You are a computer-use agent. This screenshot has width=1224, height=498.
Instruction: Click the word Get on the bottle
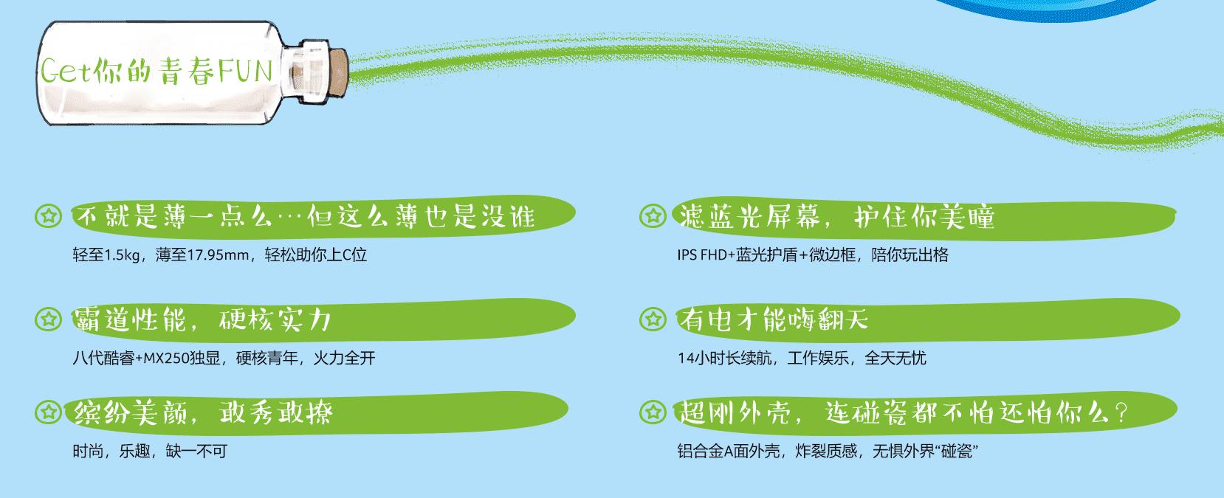pos(65,72)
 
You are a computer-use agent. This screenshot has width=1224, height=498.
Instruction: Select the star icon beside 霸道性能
pos(49,319)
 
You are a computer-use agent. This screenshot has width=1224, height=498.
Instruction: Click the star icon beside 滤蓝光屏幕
pos(653,216)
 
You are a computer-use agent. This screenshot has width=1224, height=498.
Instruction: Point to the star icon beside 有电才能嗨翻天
pos(653,319)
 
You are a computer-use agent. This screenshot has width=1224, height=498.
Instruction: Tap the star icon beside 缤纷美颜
pos(49,412)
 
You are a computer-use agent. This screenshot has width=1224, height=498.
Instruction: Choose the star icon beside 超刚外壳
pos(653,412)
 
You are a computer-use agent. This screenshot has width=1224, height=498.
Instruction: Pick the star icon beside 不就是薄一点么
pos(49,216)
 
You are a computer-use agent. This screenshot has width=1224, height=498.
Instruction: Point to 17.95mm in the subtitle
pos(218,256)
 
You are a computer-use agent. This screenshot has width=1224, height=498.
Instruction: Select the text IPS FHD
pos(702,255)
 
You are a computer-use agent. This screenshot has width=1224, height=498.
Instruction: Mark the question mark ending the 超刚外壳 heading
pos(1123,412)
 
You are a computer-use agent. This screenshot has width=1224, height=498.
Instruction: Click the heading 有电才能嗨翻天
pos(774,319)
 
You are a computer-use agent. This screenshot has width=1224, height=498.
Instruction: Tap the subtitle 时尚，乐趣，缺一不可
pos(149,451)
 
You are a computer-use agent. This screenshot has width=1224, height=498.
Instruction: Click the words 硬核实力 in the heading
pos(275,319)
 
